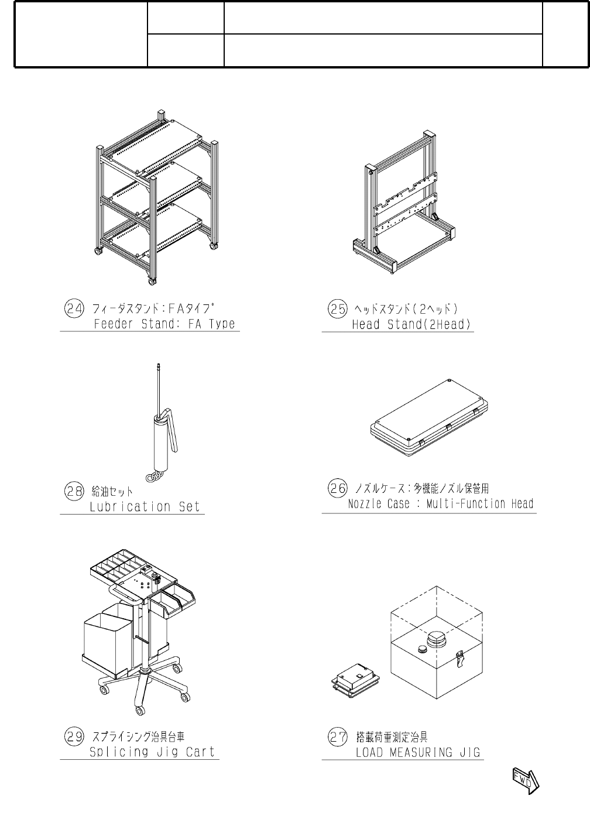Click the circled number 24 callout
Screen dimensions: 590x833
73,308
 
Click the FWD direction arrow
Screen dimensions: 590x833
525,780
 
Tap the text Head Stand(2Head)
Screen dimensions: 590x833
411,324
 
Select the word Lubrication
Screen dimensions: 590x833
131,507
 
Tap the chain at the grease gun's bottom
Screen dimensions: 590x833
153,477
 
